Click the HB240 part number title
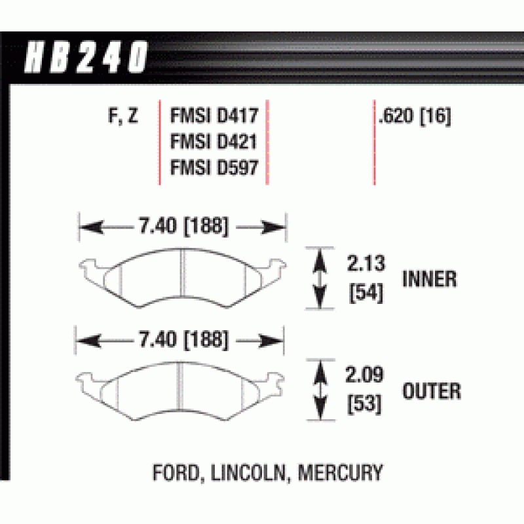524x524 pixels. [86, 58]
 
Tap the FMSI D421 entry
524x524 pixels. [213, 143]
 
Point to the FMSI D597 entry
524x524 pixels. [213, 168]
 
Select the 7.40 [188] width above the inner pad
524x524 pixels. [183, 227]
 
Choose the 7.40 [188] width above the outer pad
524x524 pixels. [183, 340]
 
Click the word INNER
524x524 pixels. [429, 279]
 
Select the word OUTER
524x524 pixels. [431, 392]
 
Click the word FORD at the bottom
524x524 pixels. [178, 472]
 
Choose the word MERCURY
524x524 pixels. [341, 472]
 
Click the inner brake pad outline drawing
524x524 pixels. [183, 278]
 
